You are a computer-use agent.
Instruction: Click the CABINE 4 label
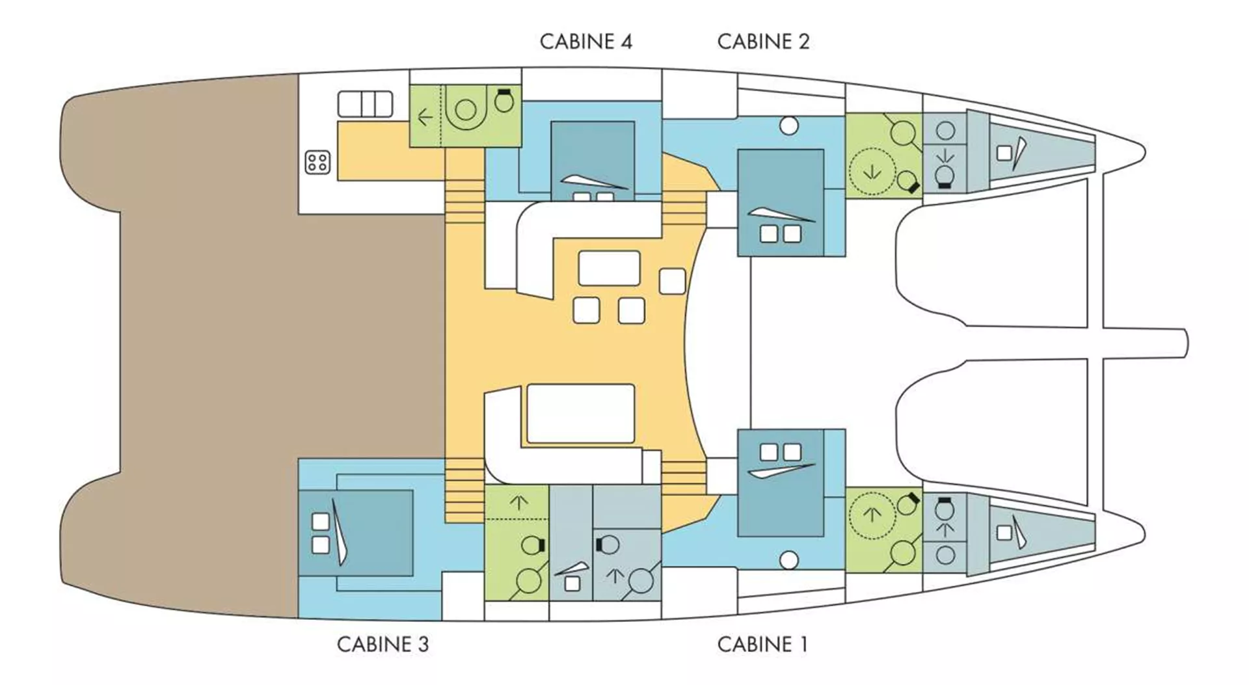coord(585,42)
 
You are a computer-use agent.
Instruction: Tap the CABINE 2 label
coord(763,42)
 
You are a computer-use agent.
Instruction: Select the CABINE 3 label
coord(383,644)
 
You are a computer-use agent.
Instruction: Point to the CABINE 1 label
coord(762,644)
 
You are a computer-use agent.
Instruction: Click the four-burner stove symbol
coord(317,162)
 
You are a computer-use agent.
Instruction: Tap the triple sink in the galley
coord(365,104)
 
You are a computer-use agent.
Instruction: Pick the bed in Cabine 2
coord(781,202)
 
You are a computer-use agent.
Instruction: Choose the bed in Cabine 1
coord(781,482)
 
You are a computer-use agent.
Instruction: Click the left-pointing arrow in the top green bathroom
coord(425,118)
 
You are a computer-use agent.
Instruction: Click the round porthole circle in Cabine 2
coord(789,126)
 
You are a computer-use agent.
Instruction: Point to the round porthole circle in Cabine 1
coord(789,559)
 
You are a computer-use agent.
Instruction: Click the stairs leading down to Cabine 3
coord(465,490)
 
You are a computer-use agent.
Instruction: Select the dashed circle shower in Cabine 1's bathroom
coord(872,514)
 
